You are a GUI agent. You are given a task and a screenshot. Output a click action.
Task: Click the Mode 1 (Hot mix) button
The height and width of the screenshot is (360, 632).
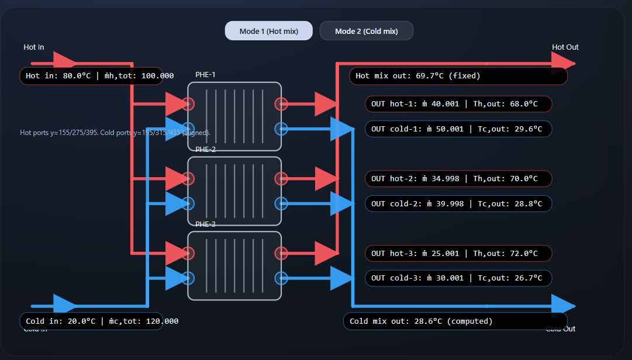[x=268, y=31]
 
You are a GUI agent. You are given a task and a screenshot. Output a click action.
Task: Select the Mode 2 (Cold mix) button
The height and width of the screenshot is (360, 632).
[x=366, y=31]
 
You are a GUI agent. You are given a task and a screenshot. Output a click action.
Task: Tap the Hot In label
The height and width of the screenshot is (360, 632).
[x=33, y=47]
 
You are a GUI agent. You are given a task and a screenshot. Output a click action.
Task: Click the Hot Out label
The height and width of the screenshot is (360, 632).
[x=565, y=47]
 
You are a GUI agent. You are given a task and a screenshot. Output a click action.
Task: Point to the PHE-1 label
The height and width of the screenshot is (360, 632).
[x=205, y=75]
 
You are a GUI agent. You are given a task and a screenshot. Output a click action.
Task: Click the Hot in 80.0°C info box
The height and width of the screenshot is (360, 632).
[x=91, y=76]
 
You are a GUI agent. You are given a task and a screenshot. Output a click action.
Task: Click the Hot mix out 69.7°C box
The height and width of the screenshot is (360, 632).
[x=458, y=76]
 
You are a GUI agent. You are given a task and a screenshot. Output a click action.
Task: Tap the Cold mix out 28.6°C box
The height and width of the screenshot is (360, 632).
[x=455, y=321]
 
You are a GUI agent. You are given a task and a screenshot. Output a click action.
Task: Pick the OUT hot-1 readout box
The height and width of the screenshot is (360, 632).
[x=458, y=104]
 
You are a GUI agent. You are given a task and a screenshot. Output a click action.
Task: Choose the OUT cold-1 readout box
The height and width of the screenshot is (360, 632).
[x=458, y=129]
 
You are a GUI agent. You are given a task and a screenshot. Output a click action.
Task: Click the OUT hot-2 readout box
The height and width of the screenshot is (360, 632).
[x=458, y=179]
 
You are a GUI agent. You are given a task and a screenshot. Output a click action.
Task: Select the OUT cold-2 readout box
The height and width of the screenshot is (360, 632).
[x=458, y=204]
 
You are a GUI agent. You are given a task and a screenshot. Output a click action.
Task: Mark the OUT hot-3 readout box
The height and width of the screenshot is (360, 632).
[x=458, y=254]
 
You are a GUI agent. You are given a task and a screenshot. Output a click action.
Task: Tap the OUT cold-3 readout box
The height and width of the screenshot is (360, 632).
[x=458, y=278]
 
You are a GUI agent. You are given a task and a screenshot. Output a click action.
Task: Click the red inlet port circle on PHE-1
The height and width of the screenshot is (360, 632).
[x=188, y=105]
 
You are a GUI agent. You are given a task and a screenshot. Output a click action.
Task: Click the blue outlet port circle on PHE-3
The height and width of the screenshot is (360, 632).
[x=281, y=278]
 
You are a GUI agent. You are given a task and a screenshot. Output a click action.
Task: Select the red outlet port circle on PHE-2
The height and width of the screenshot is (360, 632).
[x=281, y=179]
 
